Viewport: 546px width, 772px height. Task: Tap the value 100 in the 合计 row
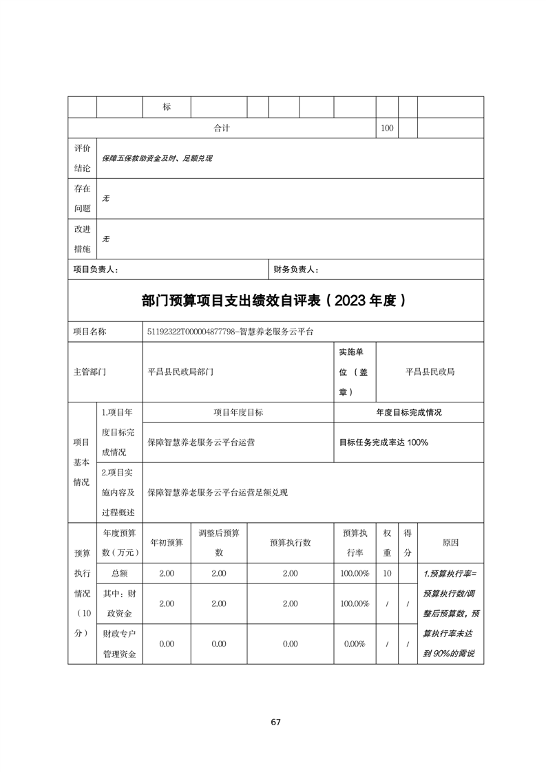(387, 128)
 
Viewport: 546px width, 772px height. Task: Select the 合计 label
(222, 128)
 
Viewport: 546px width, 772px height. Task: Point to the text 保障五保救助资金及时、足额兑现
(156, 158)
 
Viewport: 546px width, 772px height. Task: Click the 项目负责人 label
(96, 270)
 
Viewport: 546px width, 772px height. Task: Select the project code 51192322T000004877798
(189, 332)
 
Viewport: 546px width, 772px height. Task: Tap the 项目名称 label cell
(90, 332)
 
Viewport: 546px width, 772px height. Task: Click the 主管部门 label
(90, 372)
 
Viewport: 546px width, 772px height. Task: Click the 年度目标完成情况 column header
(408, 412)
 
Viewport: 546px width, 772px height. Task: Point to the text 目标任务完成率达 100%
(384, 442)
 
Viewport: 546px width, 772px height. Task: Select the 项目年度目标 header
(238, 412)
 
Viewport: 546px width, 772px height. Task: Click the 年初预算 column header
(167, 542)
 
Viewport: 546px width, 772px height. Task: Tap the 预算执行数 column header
(290, 542)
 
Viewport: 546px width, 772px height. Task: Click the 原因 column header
(450, 542)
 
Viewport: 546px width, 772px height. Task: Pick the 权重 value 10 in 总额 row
(387, 573)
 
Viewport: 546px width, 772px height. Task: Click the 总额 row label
(118, 573)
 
